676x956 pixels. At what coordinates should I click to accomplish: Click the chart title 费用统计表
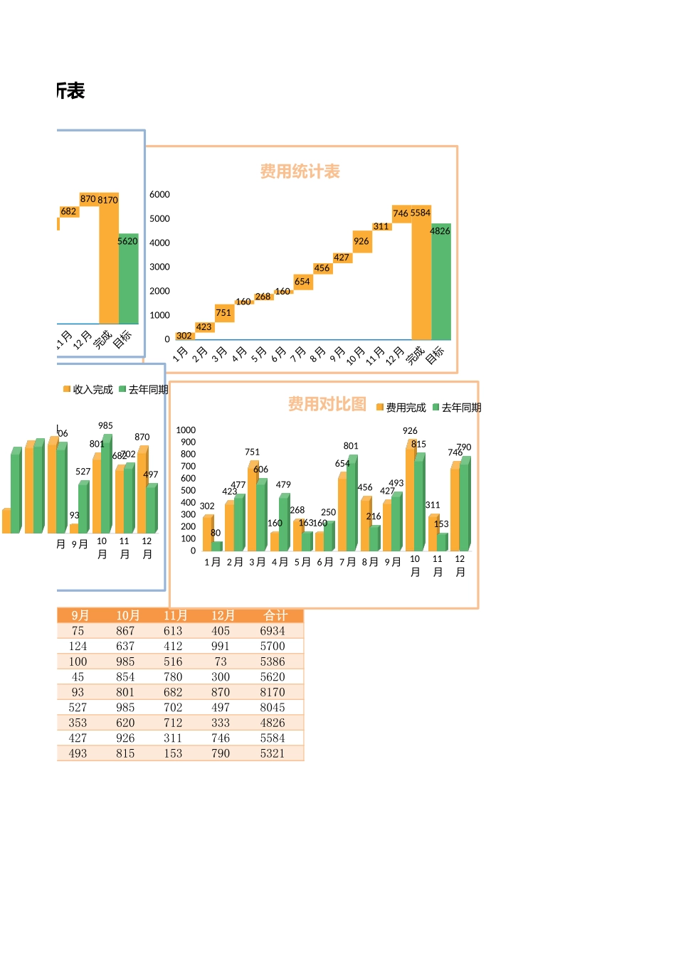coord(300,171)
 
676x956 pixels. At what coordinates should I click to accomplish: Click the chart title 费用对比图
coord(327,404)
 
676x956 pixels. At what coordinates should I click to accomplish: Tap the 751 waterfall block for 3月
coord(223,313)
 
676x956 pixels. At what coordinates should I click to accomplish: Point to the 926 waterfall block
coord(361,242)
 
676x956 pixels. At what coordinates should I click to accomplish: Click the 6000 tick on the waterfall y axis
coord(159,194)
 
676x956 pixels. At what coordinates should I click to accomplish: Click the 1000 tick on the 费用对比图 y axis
coord(186,430)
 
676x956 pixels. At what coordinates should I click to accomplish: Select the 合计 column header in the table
coord(275,616)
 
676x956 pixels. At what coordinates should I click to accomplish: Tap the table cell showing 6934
coord(273,631)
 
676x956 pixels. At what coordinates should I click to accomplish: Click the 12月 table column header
coord(223,616)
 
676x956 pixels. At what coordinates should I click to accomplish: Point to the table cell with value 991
coord(221,647)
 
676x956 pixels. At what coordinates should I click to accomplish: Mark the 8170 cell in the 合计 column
coord(273,692)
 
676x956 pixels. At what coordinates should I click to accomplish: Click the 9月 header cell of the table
coord(80,616)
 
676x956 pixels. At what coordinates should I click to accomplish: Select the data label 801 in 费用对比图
coord(351,446)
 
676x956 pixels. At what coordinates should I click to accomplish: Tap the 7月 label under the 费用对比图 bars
coord(347,562)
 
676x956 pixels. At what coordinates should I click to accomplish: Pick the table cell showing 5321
coord(273,753)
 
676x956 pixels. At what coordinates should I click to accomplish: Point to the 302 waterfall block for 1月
coord(184,336)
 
